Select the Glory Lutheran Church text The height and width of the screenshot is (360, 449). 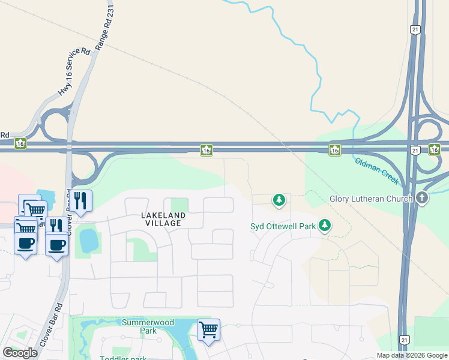coord(370,199)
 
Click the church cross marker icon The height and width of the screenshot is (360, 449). coord(422,198)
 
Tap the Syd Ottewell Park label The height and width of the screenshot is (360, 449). coord(283,226)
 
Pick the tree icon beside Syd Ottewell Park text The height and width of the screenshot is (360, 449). coord(325,226)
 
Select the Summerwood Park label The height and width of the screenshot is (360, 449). coord(139,326)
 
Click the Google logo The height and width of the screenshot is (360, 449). coord(20,353)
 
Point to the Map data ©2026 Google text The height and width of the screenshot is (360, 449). coord(412,356)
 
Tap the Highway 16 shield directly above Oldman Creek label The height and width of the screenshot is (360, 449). coord(335,149)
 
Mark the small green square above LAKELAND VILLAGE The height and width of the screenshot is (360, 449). coord(179,205)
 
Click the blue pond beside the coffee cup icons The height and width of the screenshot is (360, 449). coord(88,240)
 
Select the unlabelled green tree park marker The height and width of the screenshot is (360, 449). coord(279,199)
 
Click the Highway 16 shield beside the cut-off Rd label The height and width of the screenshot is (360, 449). coord(21,144)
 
